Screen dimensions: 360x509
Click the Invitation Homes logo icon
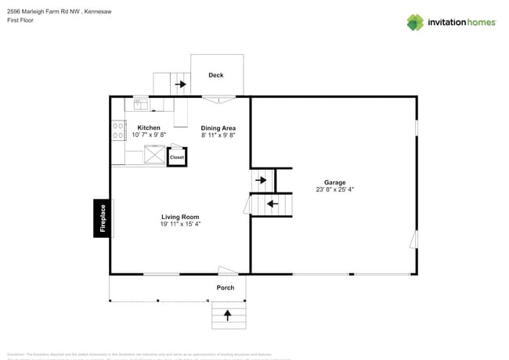415,22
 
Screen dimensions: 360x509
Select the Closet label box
177,157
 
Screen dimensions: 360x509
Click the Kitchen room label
149,128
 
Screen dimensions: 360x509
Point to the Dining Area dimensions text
218,135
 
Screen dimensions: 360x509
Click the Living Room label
180,217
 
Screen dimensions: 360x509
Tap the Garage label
335,182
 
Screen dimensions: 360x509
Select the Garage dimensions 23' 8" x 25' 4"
335,189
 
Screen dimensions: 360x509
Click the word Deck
216,75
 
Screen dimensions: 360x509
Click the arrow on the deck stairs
180,84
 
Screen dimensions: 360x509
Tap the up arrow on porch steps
228,315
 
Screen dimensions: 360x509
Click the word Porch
226,287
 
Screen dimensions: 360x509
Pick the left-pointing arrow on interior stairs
273,204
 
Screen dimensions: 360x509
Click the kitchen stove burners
118,130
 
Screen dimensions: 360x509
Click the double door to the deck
218,99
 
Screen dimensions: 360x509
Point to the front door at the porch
227,272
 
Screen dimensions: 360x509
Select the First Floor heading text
20,20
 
